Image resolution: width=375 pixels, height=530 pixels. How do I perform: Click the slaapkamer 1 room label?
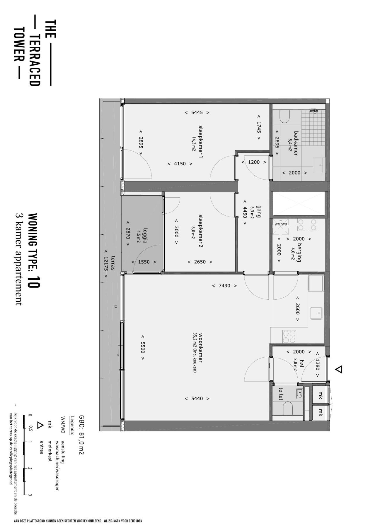[x=201, y=142]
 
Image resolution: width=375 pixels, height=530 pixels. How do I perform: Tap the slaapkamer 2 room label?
[x=201, y=231]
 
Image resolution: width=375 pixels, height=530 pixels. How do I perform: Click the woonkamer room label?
[x=201, y=348]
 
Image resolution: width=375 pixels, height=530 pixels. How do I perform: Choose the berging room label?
[x=299, y=252]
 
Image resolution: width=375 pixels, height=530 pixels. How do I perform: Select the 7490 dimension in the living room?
[x=224, y=286]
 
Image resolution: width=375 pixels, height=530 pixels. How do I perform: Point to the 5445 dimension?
[x=197, y=112]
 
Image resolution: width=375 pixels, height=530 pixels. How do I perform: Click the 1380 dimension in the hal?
[x=317, y=365]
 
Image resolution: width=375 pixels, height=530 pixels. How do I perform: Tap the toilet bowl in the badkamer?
[x=284, y=116]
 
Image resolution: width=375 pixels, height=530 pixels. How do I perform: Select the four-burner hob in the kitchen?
[x=289, y=337]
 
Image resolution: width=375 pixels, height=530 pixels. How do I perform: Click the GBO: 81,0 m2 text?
[x=81, y=435]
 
